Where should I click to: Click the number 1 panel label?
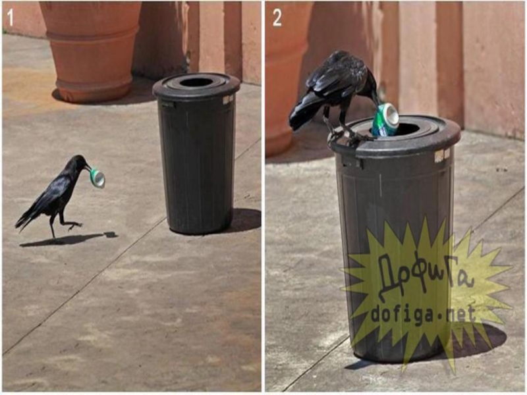(10, 18)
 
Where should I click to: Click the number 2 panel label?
(277, 18)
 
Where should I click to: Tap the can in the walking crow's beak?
(97, 177)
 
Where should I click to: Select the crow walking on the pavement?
(54, 196)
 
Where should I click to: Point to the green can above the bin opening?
(385, 120)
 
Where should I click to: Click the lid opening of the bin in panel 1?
(196, 82)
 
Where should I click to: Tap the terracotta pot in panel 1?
(91, 51)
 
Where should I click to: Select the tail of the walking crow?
(26, 219)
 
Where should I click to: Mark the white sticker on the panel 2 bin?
(442, 155)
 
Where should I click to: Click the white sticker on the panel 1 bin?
(228, 99)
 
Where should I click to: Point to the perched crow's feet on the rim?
(350, 136)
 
